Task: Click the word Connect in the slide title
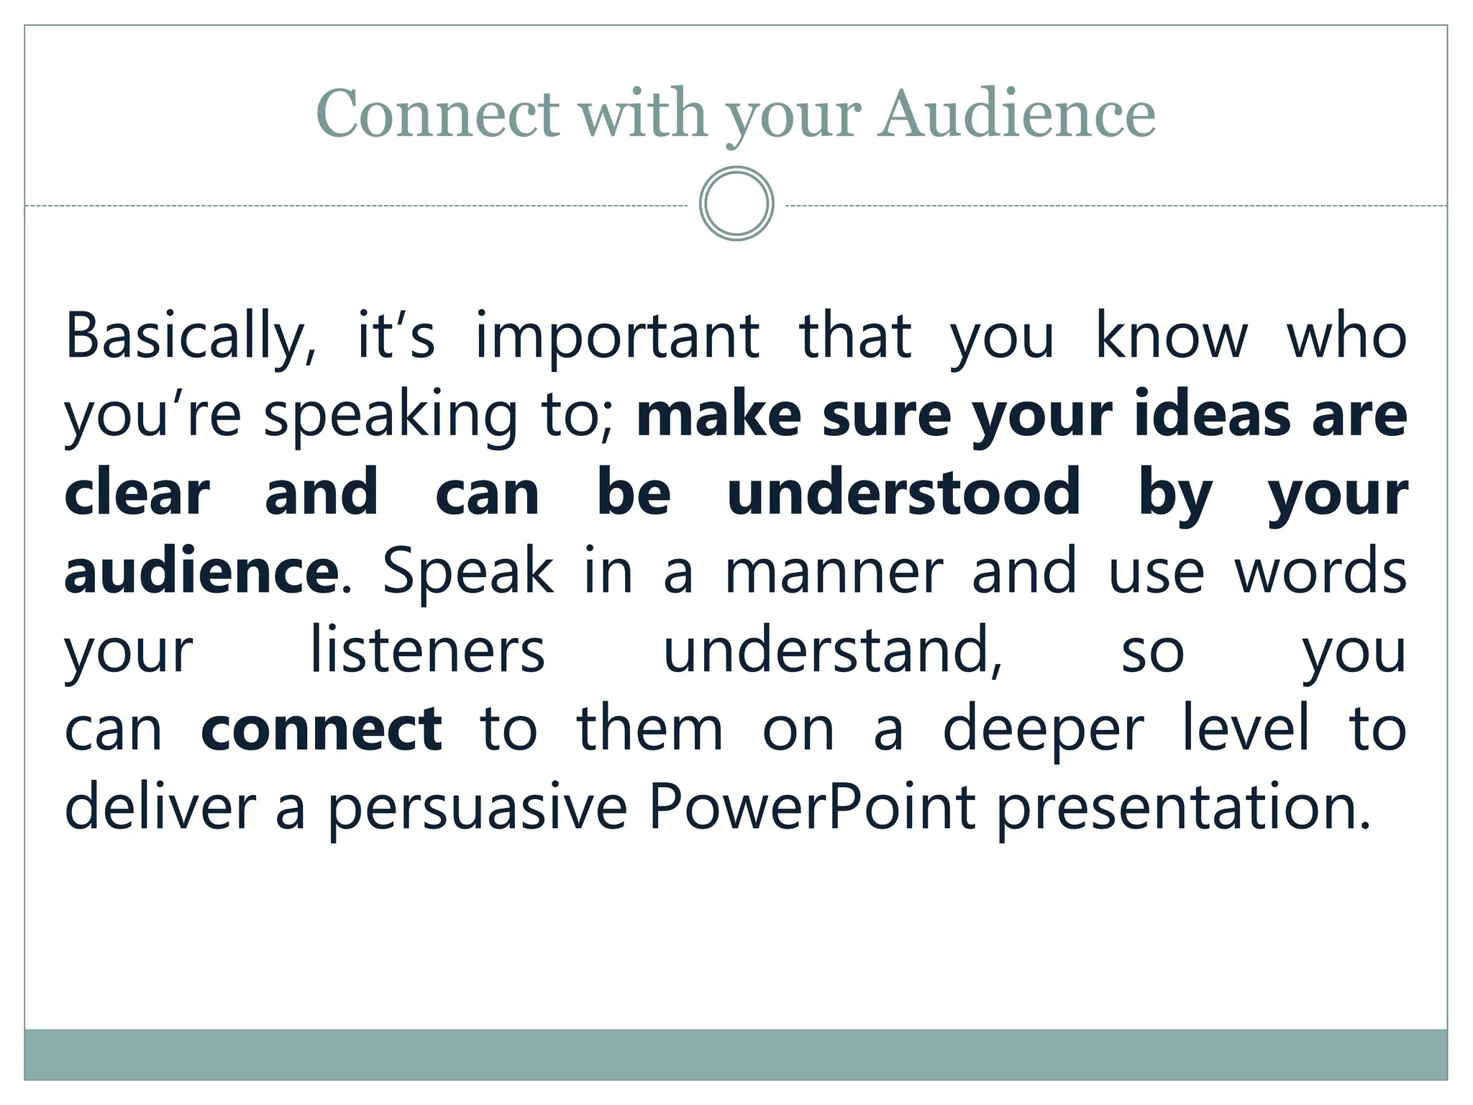click(437, 114)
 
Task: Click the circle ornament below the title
click(736, 204)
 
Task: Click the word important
click(617, 337)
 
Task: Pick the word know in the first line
click(1171, 337)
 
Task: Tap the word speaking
click(391, 416)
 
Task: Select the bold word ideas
click(1213, 416)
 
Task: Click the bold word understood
click(903, 494)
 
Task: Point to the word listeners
click(427, 651)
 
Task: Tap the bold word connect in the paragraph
click(321, 729)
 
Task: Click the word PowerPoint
click(812, 808)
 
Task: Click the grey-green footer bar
click(736, 1054)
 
